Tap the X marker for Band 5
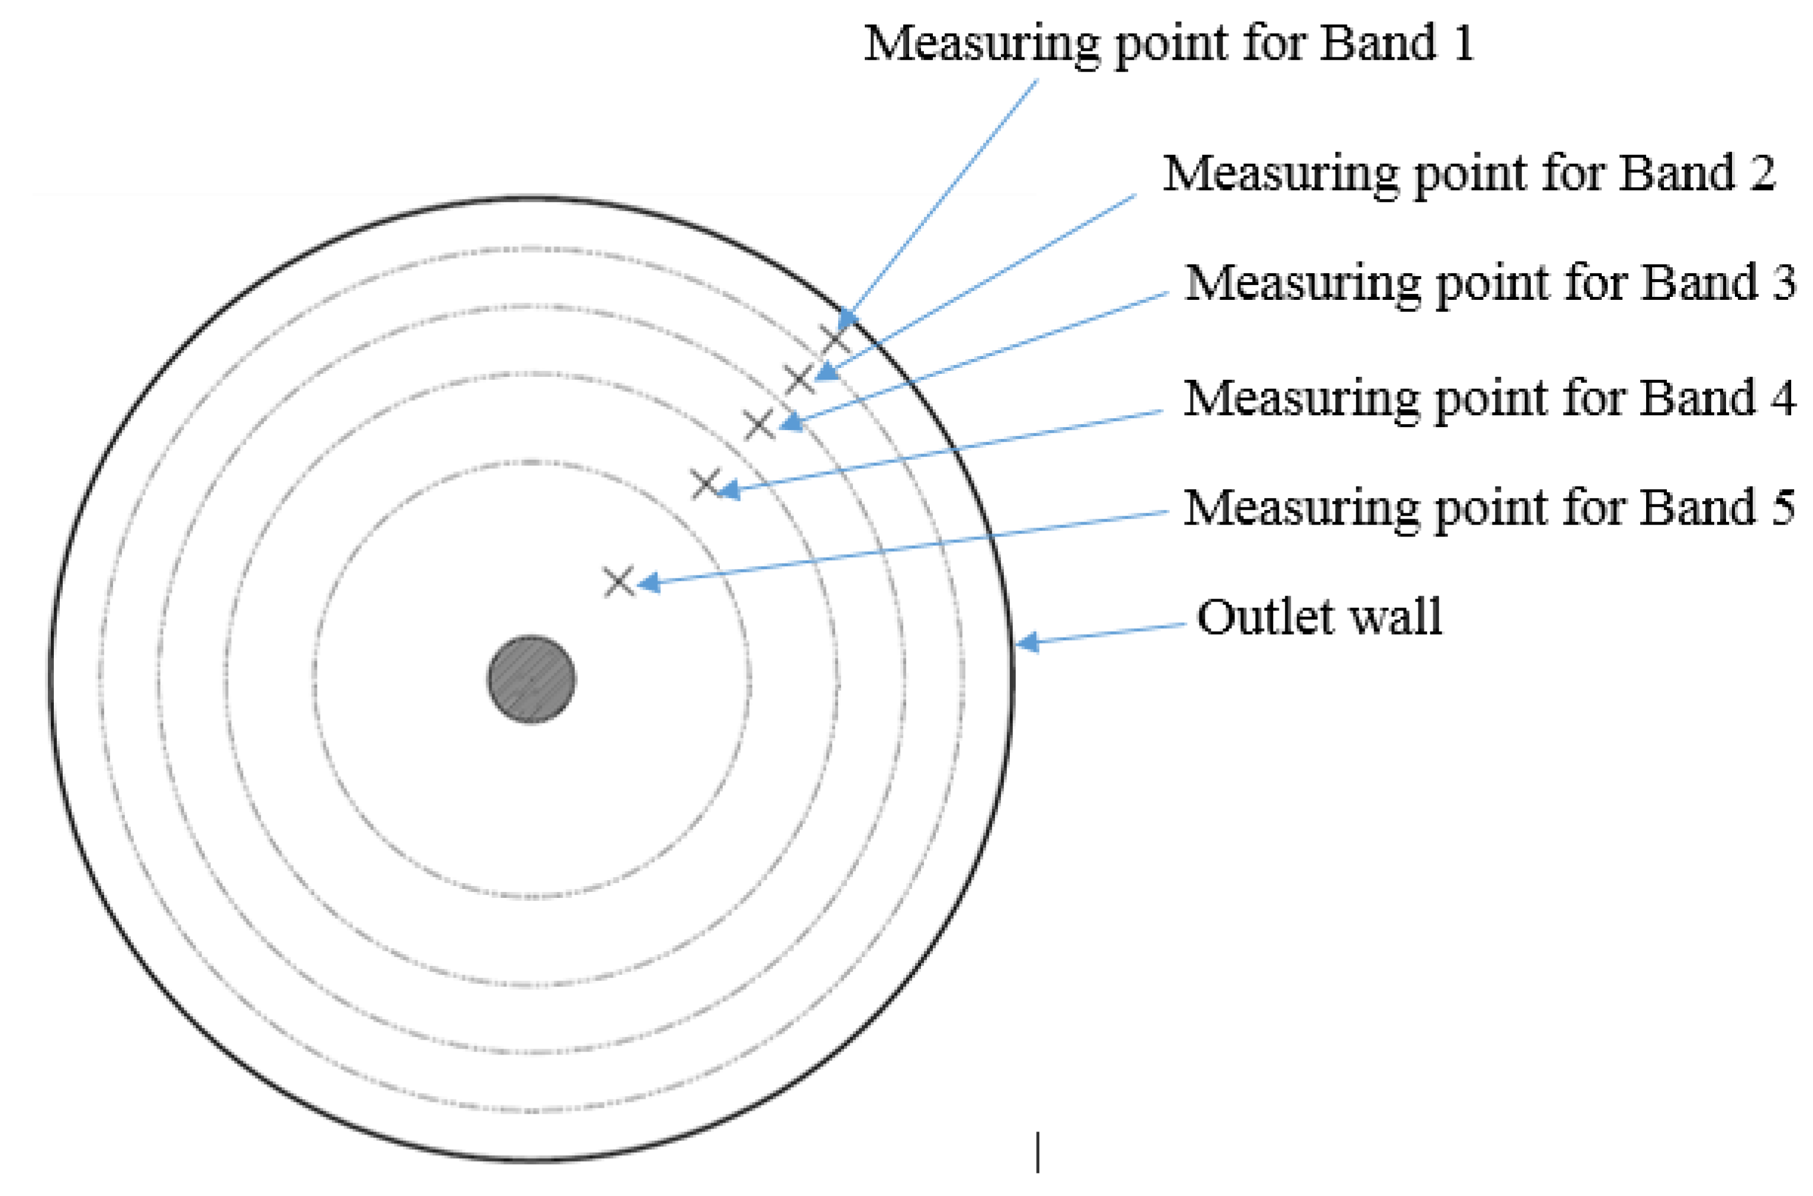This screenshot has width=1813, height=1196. coord(619,582)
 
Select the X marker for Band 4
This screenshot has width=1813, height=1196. coord(706,484)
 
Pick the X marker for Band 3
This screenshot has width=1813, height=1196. coord(759,424)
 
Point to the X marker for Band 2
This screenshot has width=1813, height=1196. coord(799,379)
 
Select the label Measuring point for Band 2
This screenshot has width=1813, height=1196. coord(1468,174)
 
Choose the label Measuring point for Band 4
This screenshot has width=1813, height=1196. coord(1489,398)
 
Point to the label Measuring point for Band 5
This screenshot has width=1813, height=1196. coord(1489,508)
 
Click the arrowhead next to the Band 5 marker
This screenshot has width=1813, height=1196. coord(648,583)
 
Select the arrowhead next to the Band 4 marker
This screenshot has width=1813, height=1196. coord(728,490)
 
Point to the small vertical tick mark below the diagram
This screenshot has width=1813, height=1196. coord(1038,1152)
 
